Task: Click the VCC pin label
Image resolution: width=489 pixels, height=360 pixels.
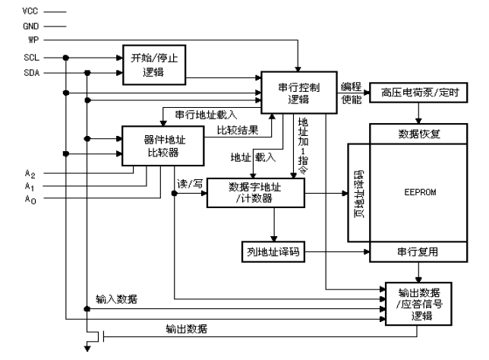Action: point(30,11)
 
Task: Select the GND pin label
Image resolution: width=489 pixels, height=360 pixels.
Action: point(31,27)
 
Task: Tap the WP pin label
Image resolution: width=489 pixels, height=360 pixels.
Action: point(33,40)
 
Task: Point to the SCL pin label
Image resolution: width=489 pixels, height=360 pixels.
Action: point(31,58)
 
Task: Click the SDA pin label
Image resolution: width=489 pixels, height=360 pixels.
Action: point(32,73)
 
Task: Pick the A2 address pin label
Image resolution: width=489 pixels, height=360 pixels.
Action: point(30,174)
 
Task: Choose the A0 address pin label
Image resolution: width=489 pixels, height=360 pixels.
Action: point(30,199)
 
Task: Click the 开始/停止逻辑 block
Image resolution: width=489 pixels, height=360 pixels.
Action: point(154,65)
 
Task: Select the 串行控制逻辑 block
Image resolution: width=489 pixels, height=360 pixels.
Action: point(298,93)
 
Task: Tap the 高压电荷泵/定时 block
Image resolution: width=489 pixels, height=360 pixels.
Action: point(418,93)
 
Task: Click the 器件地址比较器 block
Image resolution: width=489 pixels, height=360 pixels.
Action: point(162,146)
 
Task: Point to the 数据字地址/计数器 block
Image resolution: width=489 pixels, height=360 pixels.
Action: point(256,193)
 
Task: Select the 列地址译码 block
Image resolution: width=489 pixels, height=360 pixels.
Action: point(273,251)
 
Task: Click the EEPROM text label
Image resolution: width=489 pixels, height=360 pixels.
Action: point(420,192)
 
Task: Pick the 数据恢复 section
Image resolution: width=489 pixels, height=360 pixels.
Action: point(418,134)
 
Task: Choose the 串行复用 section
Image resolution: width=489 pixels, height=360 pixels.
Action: point(418,251)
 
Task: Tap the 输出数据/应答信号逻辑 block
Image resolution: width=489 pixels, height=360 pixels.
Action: point(418,304)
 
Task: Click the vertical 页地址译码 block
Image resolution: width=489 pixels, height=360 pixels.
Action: point(358,193)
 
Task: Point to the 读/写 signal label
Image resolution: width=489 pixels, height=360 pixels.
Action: point(190,184)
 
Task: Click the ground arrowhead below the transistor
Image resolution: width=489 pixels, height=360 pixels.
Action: point(87,349)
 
